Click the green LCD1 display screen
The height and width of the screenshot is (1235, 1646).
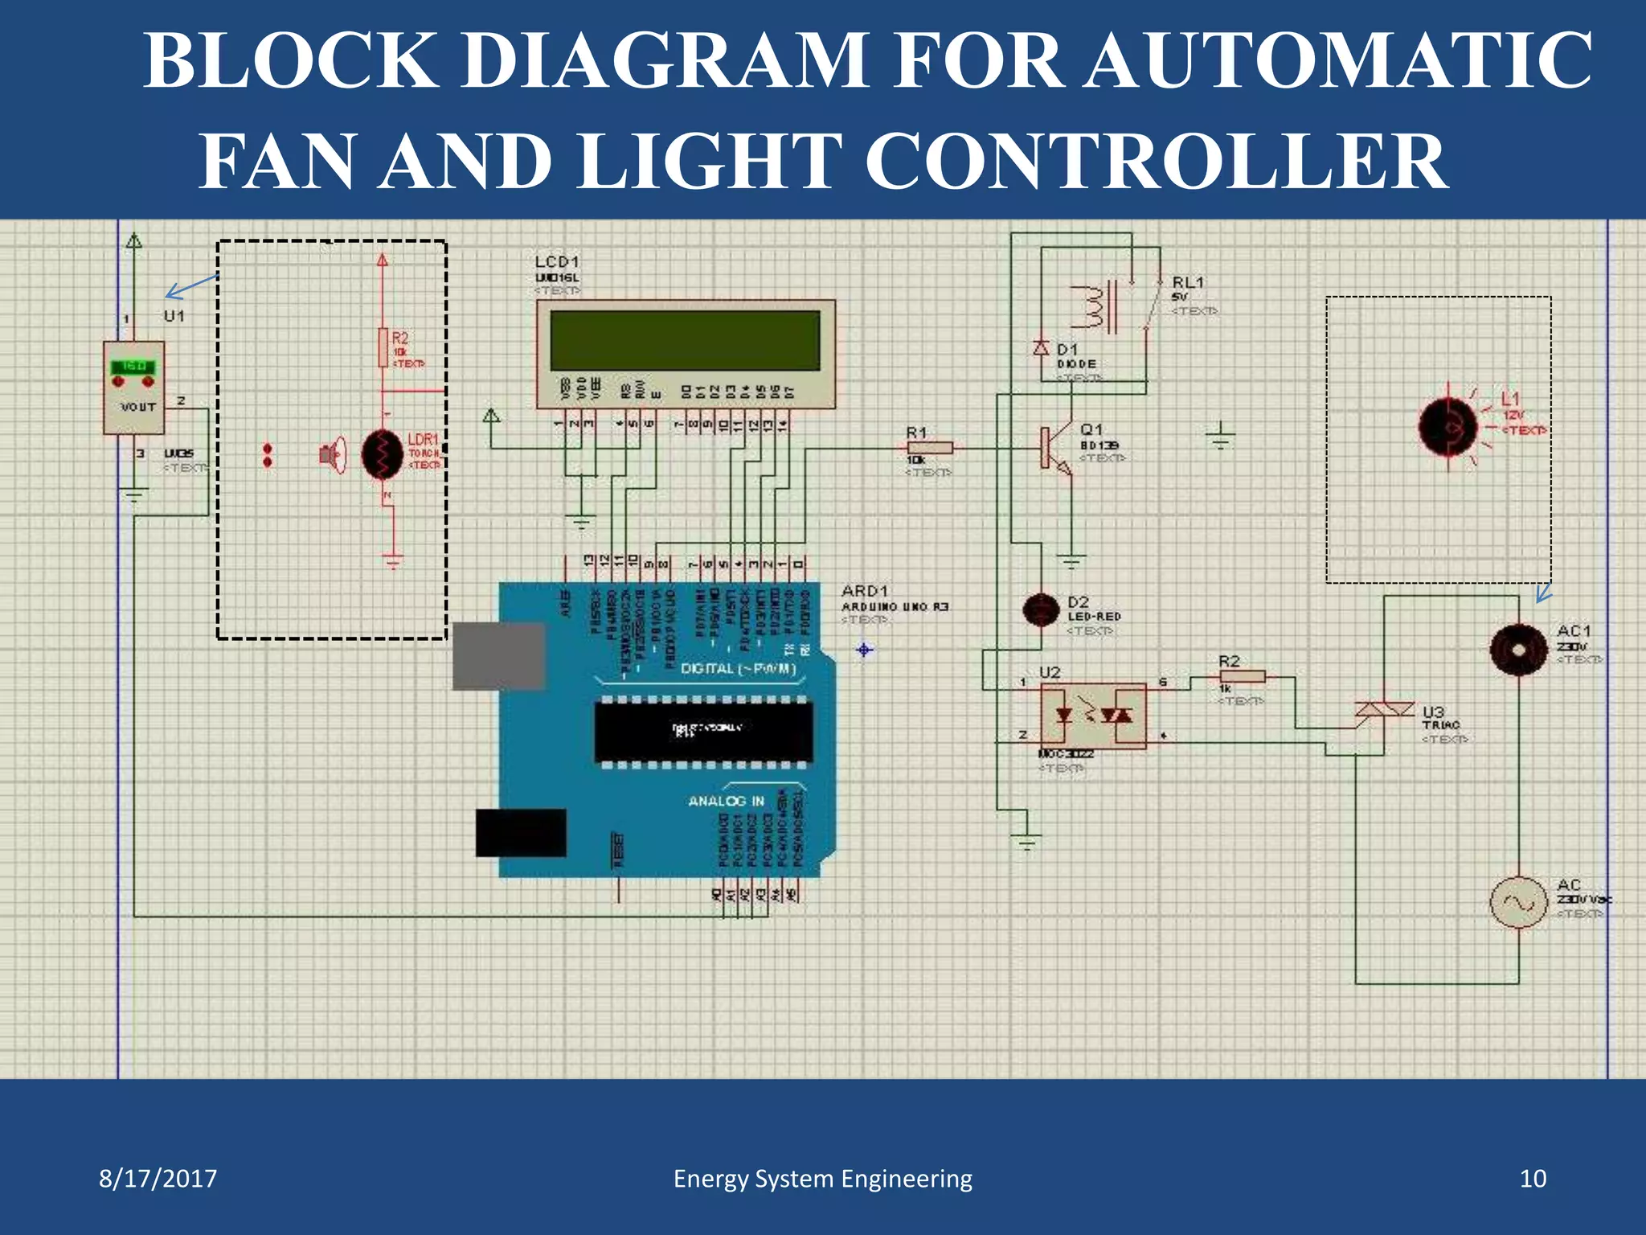(685, 340)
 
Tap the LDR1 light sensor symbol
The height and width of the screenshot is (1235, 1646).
(383, 454)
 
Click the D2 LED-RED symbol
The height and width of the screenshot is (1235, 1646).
(1041, 609)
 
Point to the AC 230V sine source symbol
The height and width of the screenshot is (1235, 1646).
(1518, 902)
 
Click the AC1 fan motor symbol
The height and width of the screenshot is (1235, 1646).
(1518, 650)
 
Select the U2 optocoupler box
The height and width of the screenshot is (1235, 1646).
(1093, 716)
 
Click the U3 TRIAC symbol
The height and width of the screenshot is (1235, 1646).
(1384, 711)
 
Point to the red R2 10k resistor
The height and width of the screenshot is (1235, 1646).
(383, 347)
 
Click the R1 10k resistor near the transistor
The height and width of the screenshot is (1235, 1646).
(930, 448)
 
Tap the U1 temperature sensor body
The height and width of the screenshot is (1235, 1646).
(134, 388)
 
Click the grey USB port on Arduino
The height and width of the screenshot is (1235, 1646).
(498, 656)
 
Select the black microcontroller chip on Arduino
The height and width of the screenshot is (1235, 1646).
(703, 731)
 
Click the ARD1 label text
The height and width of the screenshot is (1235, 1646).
(865, 591)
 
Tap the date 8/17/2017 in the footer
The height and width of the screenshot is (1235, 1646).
(158, 1179)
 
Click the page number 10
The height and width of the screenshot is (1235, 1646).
(1533, 1179)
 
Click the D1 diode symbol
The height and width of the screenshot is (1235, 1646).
(1042, 348)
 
